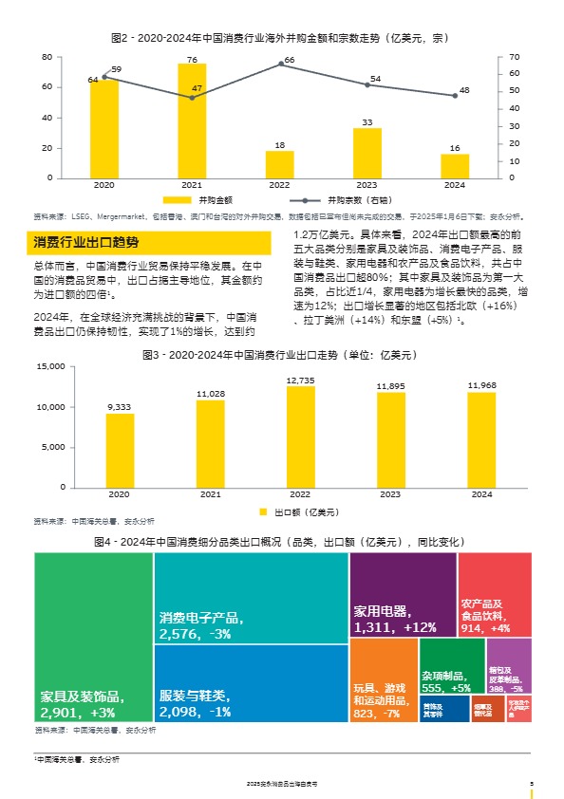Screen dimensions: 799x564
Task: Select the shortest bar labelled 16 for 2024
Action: pyautogui.click(x=455, y=166)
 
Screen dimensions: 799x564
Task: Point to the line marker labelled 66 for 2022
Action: pyautogui.click(x=280, y=65)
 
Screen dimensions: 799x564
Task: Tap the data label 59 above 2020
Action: pyautogui.click(x=116, y=69)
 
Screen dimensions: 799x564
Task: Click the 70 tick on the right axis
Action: pyautogui.click(x=514, y=58)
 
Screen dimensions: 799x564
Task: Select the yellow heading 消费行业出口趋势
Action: pyautogui.click(x=86, y=243)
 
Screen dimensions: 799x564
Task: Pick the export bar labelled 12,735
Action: pyautogui.click(x=300, y=437)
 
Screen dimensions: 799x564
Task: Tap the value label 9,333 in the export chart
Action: pyautogui.click(x=120, y=406)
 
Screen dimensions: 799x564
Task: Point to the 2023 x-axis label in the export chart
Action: pyautogui.click(x=389, y=495)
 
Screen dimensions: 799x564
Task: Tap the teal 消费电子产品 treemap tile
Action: pyautogui.click(x=251, y=598)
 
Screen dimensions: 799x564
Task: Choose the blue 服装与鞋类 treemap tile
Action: pyautogui.click(x=251, y=684)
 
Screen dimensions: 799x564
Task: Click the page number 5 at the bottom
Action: pyautogui.click(x=531, y=783)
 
